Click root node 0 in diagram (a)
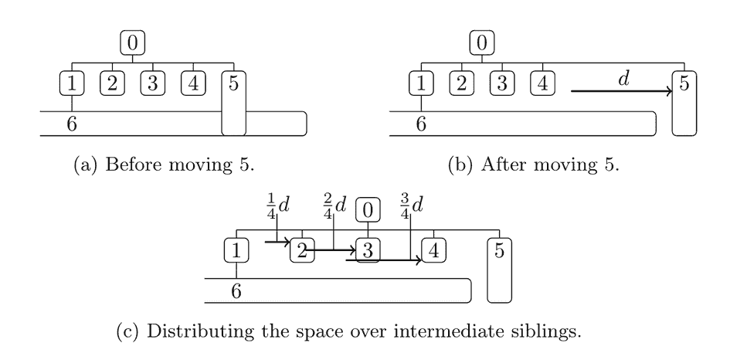134,41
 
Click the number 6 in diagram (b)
421,123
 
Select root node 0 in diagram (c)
369,209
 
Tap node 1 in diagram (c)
236,251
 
